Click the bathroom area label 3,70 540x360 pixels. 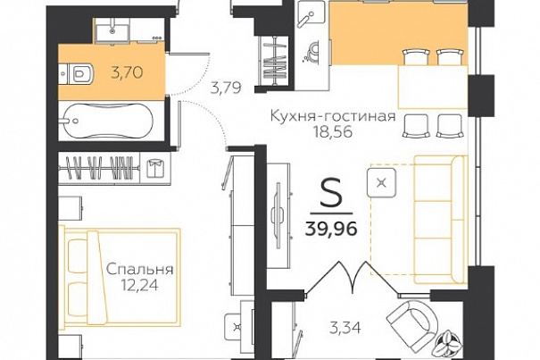click(127, 72)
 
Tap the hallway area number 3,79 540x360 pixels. click(226, 88)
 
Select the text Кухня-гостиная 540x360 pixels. click(333, 116)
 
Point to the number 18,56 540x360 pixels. click(333, 131)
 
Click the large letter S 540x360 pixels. click(331, 194)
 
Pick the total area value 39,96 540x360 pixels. click(331, 229)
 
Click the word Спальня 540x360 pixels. click(139, 269)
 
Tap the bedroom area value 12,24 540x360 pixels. click(139, 285)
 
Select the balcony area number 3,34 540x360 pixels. click(345, 328)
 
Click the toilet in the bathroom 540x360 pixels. click(78, 73)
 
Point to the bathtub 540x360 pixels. click(105, 121)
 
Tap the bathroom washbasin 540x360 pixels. click(112, 29)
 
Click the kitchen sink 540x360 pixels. click(312, 12)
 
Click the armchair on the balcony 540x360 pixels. click(412, 321)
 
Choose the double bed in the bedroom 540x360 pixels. click(120, 277)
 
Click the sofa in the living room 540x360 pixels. click(439, 220)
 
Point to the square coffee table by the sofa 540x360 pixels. click(381, 182)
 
